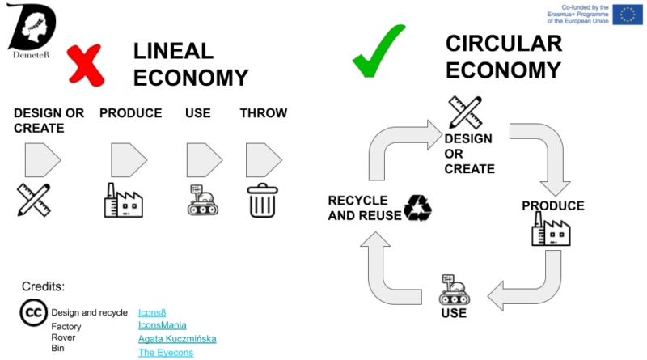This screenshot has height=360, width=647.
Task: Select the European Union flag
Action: (x=627, y=14)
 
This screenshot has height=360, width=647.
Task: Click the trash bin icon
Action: (x=262, y=200)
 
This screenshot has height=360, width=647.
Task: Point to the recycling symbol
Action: (x=418, y=208)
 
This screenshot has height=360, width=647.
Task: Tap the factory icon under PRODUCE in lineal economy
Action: (x=124, y=200)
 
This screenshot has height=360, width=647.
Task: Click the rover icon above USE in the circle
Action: (x=452, y=290)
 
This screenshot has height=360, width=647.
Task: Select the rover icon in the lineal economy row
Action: (x=203, y=200)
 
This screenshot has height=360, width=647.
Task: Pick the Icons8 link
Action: (x=151, y=311)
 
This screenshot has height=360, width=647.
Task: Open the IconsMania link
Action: (x=163, y=325)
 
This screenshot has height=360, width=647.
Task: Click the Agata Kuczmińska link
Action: (x=177, y=339)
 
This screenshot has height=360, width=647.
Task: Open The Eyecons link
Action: (x=166, y=353)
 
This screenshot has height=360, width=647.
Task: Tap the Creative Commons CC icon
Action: (x=33, y=313)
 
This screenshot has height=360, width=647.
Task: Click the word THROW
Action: (x=264, y=113)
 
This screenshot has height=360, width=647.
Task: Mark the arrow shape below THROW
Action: (x=263, y=160)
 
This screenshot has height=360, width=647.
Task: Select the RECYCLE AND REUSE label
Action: (x=364, y=208)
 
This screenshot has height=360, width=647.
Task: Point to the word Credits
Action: (x=44, y=286)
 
